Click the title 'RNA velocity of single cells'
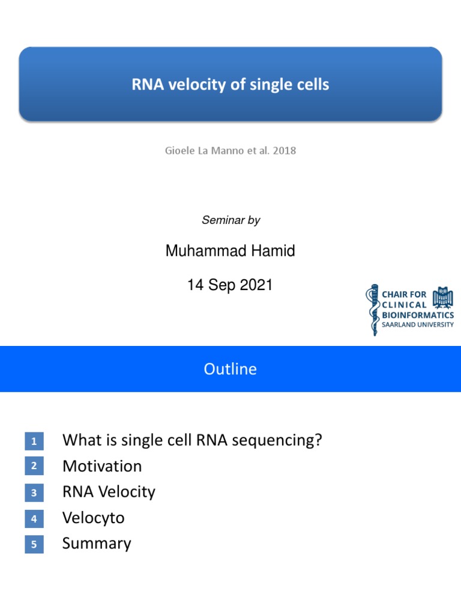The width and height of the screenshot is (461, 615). pos(230,85)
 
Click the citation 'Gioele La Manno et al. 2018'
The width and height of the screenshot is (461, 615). pos(230,151)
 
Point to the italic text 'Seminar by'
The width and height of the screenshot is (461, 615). pos(230,220)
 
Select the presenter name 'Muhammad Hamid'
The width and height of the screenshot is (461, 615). pos(230,251)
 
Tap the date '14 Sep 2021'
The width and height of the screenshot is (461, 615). pos(230,285)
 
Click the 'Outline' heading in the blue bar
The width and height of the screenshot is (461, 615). pos(230,369)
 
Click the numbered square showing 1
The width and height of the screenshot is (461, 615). pos(34,442)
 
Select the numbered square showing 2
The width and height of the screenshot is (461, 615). pos(34,466)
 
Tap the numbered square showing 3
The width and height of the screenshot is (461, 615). pos(34,493)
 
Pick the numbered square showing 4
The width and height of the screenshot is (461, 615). pos(34,519)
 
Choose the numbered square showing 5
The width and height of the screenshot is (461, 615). pos(34,545)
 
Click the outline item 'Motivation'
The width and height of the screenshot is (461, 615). pos(102,466)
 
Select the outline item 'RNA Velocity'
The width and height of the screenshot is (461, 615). pos(109,492)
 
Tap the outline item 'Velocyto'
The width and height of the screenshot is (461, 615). pos(94,518)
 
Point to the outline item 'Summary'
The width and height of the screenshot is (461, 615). pos(97,544)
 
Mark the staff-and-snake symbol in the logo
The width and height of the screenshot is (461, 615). pos(374,309)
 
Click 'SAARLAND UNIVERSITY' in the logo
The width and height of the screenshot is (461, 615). pos(418,325)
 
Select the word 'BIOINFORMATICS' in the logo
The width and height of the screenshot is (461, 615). pos(418,315)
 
